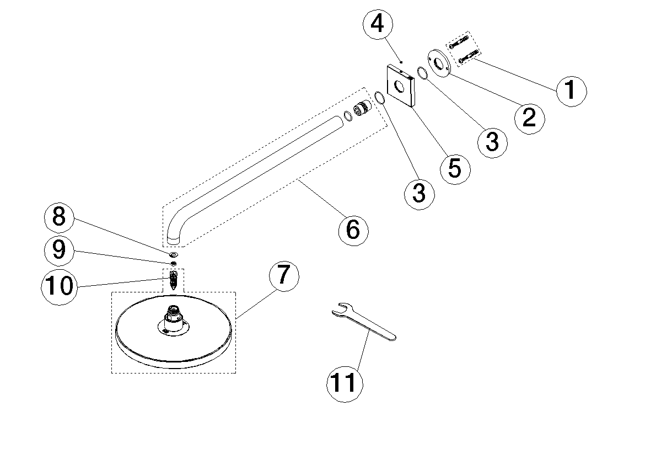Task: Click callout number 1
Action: point(571,90)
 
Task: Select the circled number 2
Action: point(529,116)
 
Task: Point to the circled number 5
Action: point(455,168)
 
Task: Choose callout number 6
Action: point(353,228)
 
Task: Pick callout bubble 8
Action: point(60,217)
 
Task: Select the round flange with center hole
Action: point(440,63)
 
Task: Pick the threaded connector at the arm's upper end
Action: point(361,109)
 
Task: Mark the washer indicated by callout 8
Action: point(174,255)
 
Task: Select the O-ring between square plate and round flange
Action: point(422,73)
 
